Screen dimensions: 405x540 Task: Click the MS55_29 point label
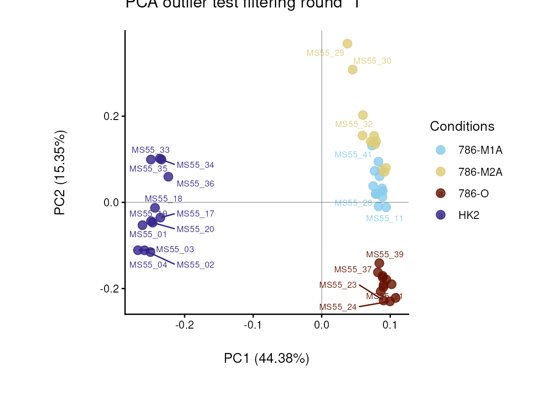click(325, 53)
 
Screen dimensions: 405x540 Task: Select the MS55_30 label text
click(372, 61)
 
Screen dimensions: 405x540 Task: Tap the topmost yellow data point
click(347, 44)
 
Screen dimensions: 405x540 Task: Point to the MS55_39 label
click(385, 255)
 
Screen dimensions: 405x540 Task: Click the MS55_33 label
click(150, 150)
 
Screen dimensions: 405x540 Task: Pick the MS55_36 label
click(195, 184)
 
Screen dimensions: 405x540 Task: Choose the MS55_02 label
click(195, 265)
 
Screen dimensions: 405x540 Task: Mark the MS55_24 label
click(338, 307)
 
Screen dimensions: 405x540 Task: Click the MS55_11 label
click(384, 218)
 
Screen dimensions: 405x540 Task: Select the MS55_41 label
click(353, 155)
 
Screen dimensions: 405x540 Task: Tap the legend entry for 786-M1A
click(480, 150)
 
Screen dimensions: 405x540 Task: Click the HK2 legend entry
click(469, 215)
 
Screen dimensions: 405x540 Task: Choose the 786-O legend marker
click(441, 193)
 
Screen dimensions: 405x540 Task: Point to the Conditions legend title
click(462, 127)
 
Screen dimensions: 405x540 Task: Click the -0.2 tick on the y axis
click(110, 289)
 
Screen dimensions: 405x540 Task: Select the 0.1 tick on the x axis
click(390, 325)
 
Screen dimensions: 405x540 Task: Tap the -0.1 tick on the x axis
click(253, 325)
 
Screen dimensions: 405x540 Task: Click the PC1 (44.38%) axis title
click(266, 359)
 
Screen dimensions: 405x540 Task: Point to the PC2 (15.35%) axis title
click(60, 172)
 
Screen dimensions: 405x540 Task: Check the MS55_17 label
click(195, 214)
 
